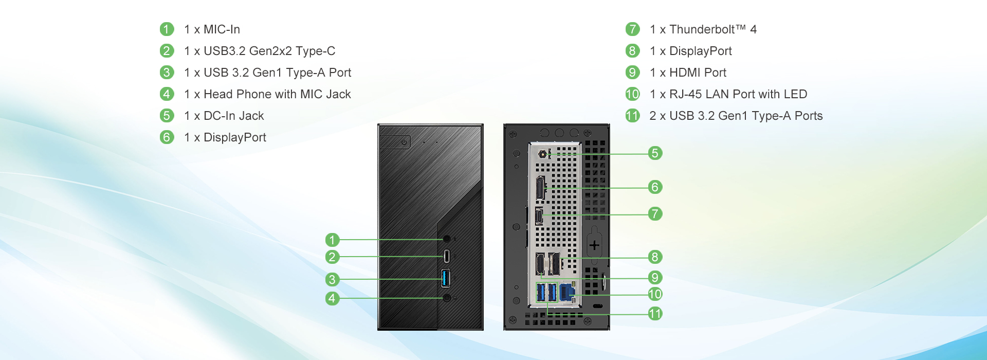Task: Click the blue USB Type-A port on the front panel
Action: click(x=446, y=278)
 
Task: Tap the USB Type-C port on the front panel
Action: click(x=446, y=256)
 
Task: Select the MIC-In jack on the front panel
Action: click(x=447, y=239)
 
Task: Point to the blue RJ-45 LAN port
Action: click(x=566, y=292)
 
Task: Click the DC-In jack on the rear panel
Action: click(x=543, y=154)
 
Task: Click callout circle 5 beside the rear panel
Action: click(x=654, y=153)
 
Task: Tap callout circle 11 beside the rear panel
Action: click(x=654, y=314)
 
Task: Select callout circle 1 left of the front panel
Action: click(x=332, y=240)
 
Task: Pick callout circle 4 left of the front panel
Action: click(x=332, y=298)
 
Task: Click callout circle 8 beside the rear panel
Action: click(x=654, y=257)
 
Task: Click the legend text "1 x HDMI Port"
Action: click(x=688, y=73)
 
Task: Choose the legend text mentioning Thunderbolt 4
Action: click(x=703, y=29)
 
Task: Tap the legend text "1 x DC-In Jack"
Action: click(x=224, y=116)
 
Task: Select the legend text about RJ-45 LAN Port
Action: click(x=728, y=94)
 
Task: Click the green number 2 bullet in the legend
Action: click(x=167, y=51)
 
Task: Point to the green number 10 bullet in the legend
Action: click(x=632, y=94)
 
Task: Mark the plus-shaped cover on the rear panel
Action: click(x=594, y=245)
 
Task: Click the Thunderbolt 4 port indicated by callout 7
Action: click(x=539, y=216)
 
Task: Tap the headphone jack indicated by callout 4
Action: click(x=447, y=298)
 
